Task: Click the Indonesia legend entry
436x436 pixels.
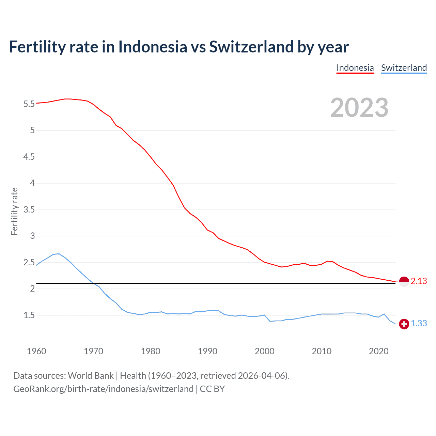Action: (355, 68)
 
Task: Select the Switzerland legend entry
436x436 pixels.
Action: (404, 68)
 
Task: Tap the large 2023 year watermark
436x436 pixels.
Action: (359, 108)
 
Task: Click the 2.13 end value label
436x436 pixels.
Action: (419, 281)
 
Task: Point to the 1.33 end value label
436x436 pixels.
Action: (419, 324)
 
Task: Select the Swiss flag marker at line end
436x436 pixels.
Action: (404, 324)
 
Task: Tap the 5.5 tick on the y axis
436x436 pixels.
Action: (29, 104)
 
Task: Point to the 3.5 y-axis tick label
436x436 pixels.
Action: (29, 210)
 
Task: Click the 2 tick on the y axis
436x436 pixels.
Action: (32, 289)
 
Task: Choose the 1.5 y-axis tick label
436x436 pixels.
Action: (29, 315)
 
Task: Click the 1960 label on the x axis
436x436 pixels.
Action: (36, 351)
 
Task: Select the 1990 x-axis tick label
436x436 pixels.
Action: (207, 351)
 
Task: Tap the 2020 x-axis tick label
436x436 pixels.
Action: (378, 351)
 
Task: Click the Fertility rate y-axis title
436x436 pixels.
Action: (14, 211)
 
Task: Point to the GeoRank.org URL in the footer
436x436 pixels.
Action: (103, 389)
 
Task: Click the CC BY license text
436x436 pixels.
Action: (212, 389)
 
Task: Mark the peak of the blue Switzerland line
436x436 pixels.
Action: (59, 254)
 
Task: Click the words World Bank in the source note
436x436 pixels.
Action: (91, 376)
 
